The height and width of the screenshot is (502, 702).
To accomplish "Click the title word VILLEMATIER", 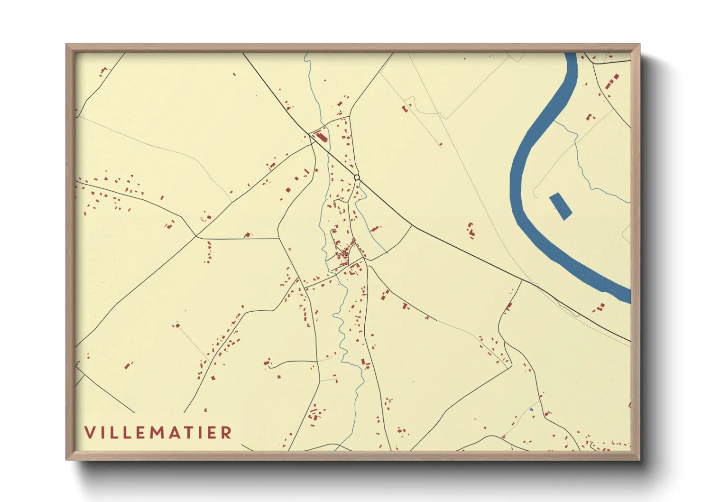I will pos(158,432).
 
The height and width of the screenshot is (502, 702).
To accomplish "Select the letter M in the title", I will pos(164,432).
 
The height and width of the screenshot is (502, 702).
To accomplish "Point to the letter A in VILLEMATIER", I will pos(180,432).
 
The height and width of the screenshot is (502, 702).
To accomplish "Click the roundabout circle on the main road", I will pos(357,177).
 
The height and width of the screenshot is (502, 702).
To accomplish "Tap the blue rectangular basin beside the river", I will pos(560,206).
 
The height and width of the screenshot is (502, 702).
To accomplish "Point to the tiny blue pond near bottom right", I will pos(532,409).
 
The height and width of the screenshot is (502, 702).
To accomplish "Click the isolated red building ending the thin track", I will pos(177,325).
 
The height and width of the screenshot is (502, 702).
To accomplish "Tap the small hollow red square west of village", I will pos(289,249).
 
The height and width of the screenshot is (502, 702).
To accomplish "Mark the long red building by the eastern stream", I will pos(375,229).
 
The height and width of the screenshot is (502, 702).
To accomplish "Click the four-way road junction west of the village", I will pos(196,236).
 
